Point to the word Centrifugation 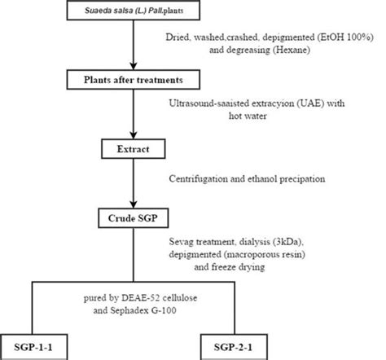[200, 177]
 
